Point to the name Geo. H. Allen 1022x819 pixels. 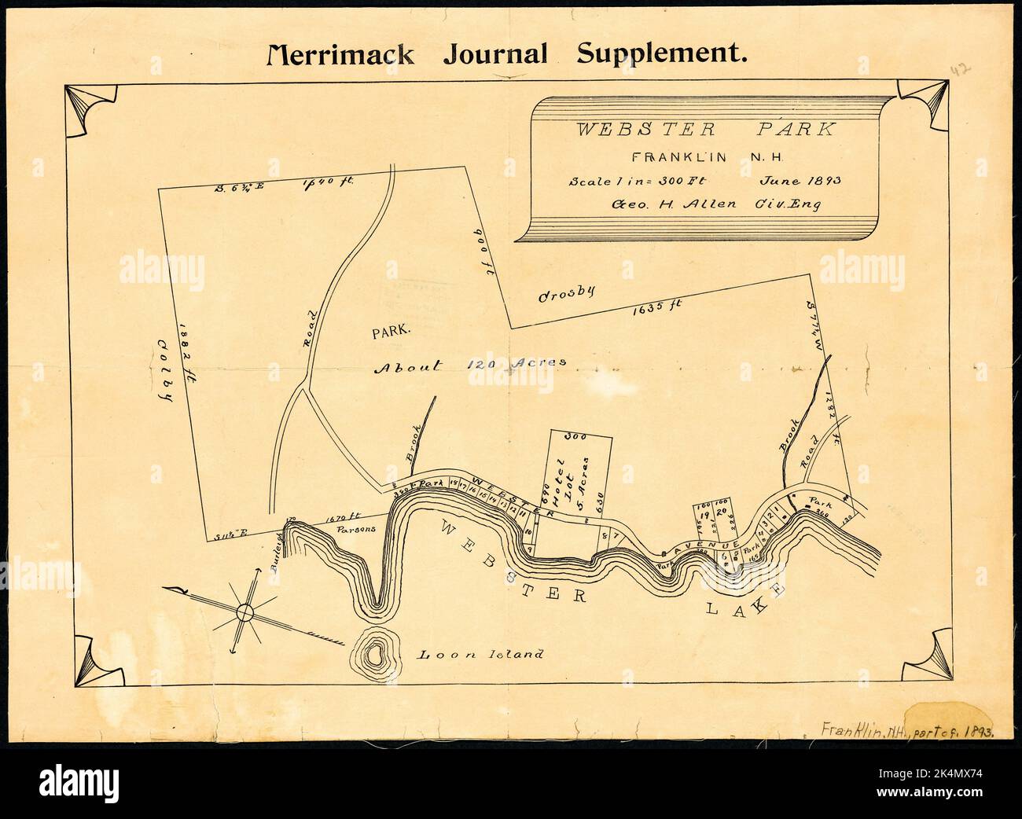click(675, 204)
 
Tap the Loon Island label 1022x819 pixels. click(480, 654)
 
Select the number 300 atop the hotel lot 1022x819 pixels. click(579, 435)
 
